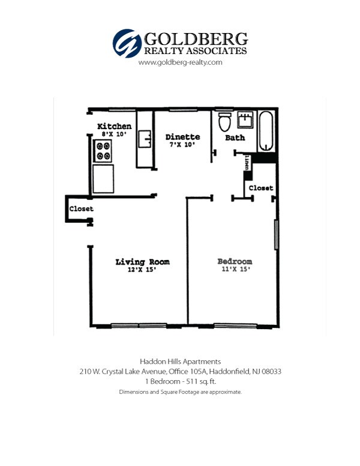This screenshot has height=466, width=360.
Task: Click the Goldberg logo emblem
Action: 127,43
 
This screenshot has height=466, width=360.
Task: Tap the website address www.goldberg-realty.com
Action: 181,62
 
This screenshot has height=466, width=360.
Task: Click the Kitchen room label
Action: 114,126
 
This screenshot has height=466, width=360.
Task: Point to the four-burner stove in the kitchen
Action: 103,151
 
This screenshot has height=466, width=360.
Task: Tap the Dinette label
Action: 182,138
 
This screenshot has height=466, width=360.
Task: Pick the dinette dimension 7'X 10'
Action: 182,145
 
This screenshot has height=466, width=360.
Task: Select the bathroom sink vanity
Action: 245,121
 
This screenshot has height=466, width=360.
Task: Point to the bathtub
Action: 266,130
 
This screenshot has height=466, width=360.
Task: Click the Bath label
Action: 235,138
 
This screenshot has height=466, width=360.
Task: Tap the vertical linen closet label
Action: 247,162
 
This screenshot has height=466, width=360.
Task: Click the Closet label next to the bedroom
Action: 261,188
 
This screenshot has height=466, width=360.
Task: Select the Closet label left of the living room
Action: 81,209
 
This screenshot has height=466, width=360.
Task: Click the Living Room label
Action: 142,262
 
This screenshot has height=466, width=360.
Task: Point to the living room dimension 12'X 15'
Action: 142,270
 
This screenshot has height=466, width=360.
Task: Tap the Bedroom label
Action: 235,262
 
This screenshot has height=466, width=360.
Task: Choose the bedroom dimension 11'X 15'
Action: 235,270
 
